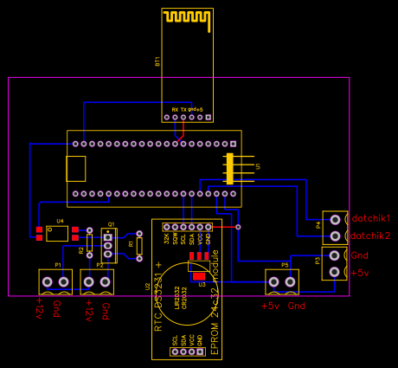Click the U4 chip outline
tap(58, 232)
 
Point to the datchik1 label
tap(370, 217)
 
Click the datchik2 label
tap(370, 236)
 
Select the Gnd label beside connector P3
tap(360, 255)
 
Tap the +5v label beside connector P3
tap(361, 273)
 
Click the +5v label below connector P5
tap(271, 306)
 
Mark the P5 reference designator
tap(285, 264)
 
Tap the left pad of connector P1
tap(48, 281)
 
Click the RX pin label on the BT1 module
tap(175, 110)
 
